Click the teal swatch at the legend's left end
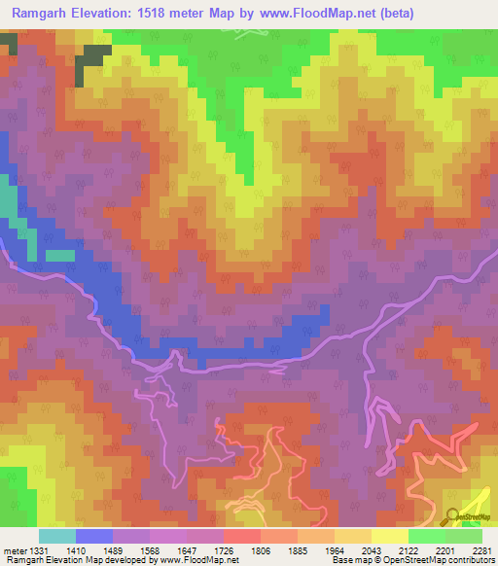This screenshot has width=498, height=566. click(x=56, y=537)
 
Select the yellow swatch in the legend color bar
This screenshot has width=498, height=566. click(x=389, y=537)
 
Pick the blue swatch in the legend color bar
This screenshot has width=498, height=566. click(x=93, y=537)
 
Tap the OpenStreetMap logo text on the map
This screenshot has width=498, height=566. click(x=475, y=516)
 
